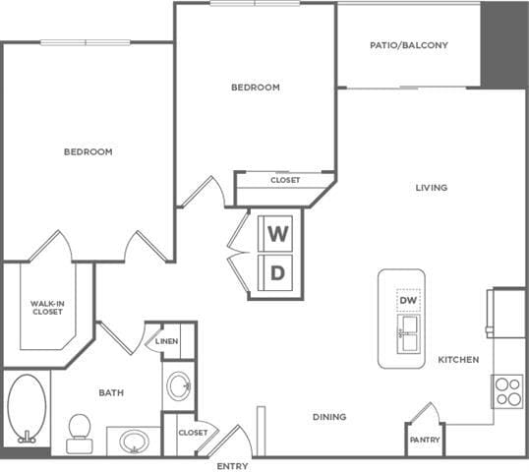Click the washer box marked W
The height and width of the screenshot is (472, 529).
point(278,234)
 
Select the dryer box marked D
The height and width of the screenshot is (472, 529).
point(278,273)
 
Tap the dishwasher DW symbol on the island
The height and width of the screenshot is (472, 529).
point(406,299)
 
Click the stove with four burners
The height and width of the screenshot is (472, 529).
point(507,390)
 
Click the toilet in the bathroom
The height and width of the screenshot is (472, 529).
point(79,432)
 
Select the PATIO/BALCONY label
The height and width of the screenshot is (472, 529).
point(409,45)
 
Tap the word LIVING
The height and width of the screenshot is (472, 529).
point(432,188)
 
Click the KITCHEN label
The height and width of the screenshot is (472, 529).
point(458,360)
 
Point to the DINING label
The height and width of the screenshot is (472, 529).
point(329,417)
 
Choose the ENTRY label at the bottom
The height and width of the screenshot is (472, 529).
point(232,465)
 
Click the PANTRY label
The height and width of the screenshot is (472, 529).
point(425,440)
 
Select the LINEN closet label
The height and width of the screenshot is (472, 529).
point(167,340)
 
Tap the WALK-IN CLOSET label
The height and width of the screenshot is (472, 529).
point(46,308)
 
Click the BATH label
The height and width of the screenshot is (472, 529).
point(111,393)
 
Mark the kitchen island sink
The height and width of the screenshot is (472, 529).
point(406,335)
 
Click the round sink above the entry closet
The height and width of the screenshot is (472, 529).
point(179,384)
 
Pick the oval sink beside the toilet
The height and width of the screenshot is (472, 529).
point(133,440)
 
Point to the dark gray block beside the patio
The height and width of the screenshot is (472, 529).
point(503,45)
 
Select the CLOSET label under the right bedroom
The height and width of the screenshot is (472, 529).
point(285,180)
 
